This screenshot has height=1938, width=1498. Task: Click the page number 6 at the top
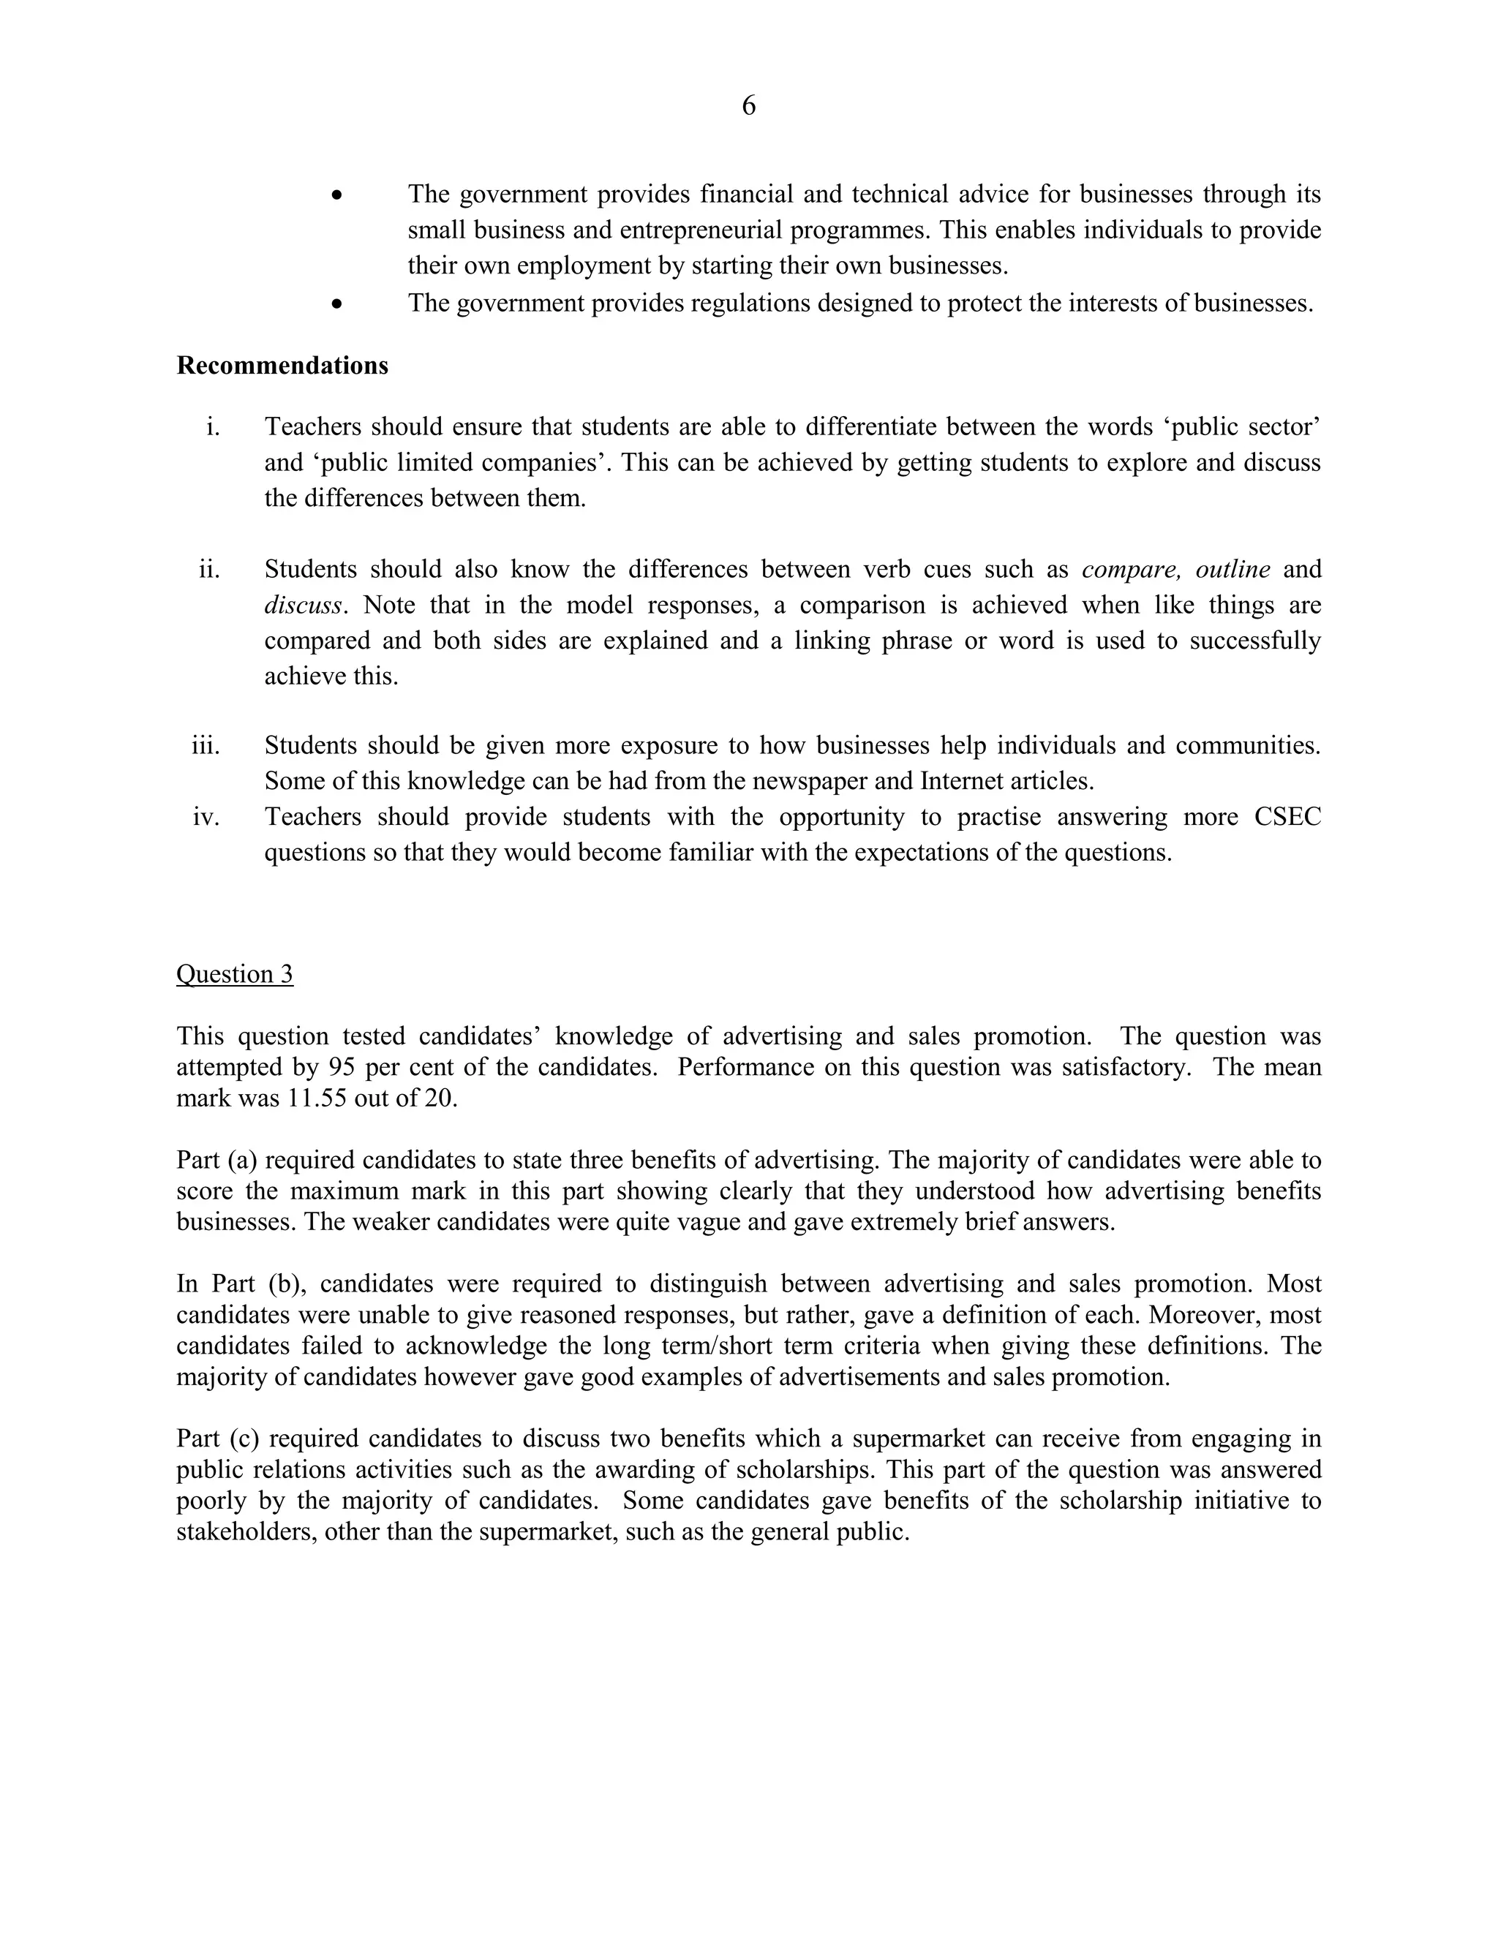tap(748, 107)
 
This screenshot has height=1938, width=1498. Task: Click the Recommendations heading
tap(282, 366)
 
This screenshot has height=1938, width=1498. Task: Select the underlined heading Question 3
tap(234, 973)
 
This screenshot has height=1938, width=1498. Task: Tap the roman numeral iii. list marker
tap(206, 745)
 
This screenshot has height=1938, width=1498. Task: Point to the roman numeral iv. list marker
tap(206, 816)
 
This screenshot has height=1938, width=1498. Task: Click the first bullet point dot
tap(336, 195)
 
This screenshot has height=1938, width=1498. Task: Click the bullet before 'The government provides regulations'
tap(336, 304)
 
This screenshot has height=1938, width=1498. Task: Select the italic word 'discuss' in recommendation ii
tap(303, 606)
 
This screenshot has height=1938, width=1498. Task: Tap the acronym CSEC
tap(1287, 816)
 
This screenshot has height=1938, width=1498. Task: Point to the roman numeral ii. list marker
tap(208, 570)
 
